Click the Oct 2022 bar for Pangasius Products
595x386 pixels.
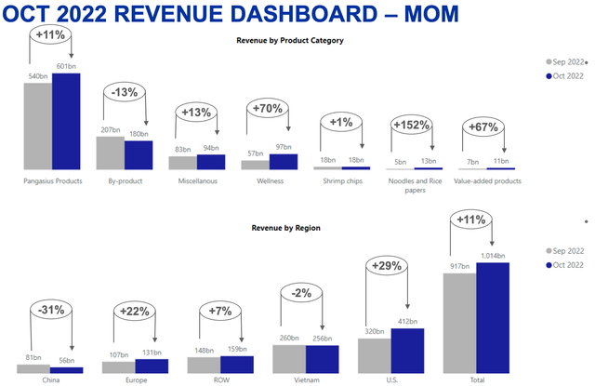[66, 120]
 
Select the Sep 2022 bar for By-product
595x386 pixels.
[110, 153]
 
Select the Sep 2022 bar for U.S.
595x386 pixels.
[374, 354]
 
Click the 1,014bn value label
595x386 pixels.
[493, 255]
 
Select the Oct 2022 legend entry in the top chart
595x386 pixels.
[565, 75]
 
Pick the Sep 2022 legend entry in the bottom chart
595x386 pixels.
[565, 251]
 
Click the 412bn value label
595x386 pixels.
[407, 321]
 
